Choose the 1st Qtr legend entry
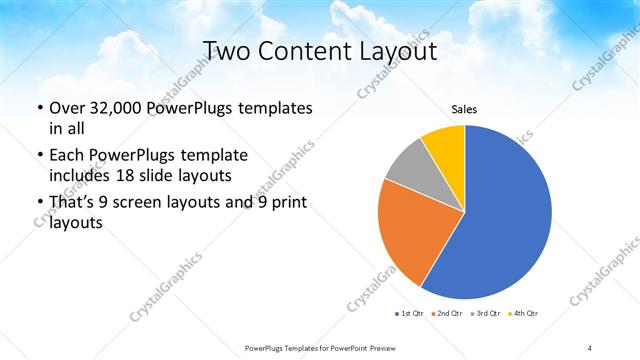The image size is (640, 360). [x=410, y=315]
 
